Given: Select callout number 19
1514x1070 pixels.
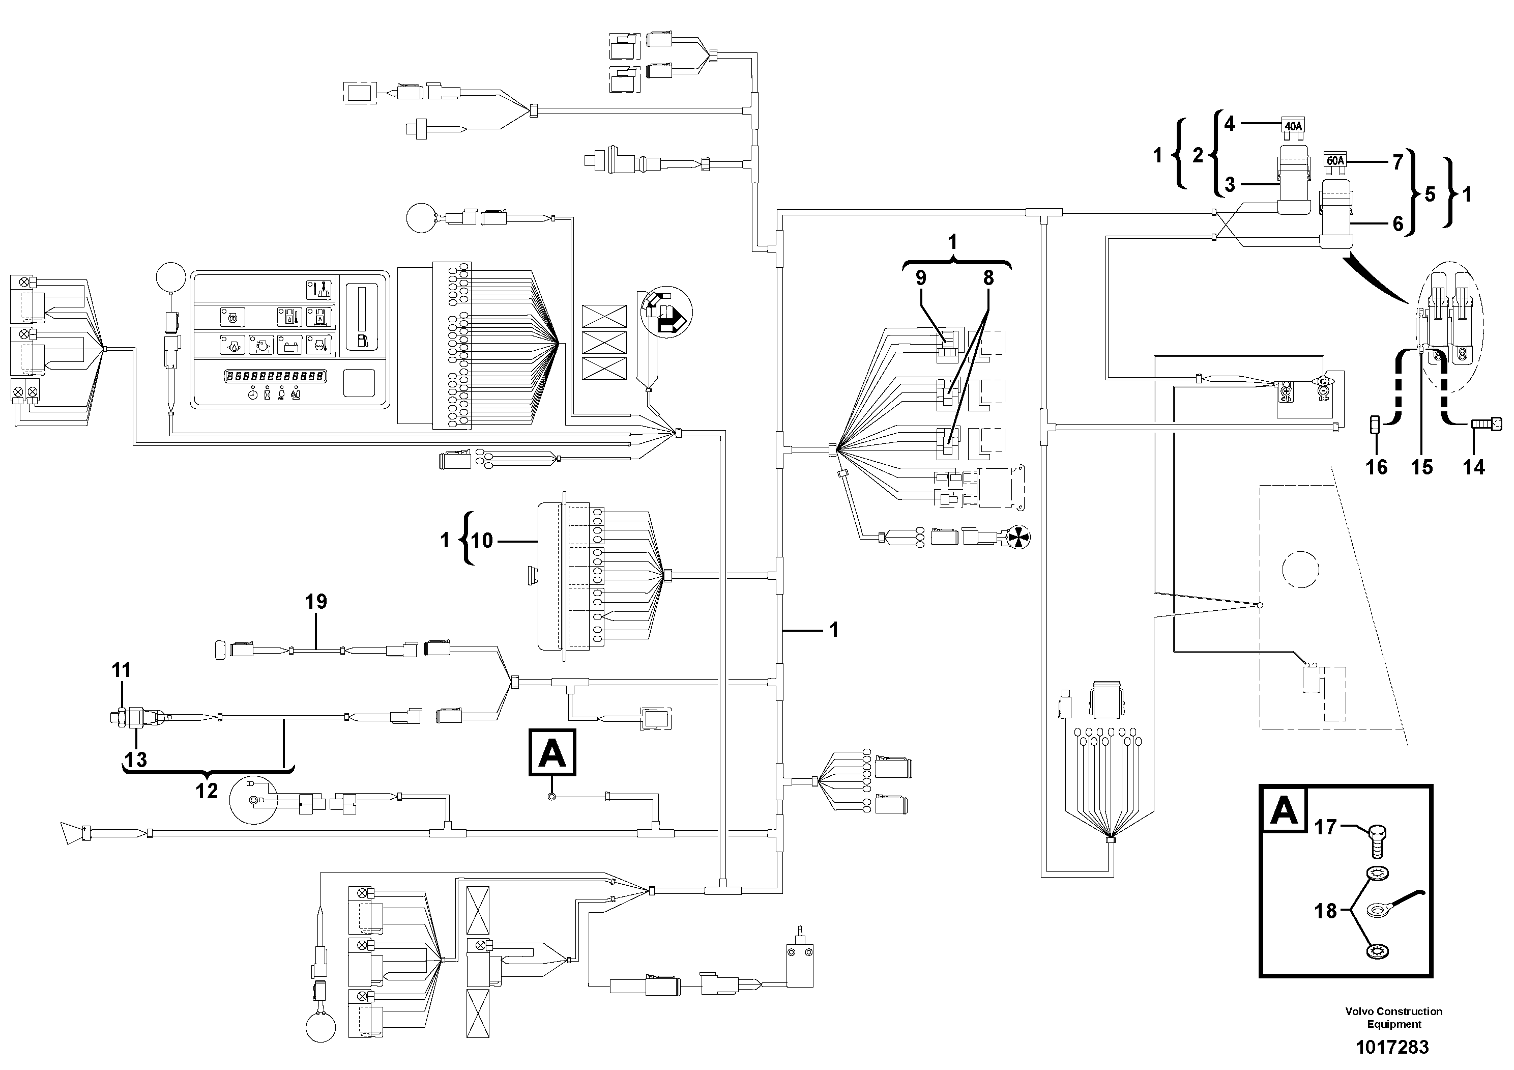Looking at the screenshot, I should click(316, 601).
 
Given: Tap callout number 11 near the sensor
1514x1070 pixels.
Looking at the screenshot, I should click(121, 670).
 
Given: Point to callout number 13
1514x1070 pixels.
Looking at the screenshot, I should click(135, 759).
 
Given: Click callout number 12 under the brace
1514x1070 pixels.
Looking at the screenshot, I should click(207, 791).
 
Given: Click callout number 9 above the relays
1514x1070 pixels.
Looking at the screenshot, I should click(920, 278).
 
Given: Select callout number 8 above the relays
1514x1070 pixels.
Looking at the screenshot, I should click(988, 278).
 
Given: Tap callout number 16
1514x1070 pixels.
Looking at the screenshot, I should click(1376, 467).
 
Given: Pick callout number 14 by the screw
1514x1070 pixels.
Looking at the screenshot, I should click(1474, 467).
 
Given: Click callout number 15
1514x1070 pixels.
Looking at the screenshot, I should click(1422, 467).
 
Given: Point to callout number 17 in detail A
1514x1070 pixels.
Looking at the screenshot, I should click(1325, 827).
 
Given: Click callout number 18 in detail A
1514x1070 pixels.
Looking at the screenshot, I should click(1325, 911).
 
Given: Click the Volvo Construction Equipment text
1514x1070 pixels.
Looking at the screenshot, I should click(1393, 1017).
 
